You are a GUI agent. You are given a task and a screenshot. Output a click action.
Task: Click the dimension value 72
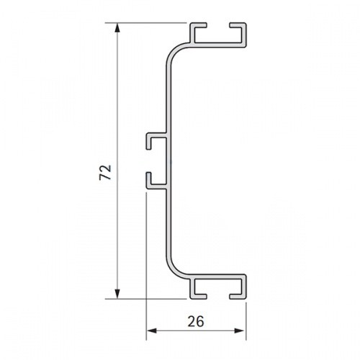(x=106, y=172)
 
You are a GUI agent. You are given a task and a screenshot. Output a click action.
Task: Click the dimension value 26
(x=196, y=322)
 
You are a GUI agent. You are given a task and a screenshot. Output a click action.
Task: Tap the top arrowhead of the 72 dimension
(x=117, y=27)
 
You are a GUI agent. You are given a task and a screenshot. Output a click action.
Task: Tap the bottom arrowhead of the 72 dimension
(x=117, y=294)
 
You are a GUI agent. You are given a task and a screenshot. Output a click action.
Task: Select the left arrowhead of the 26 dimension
(x=151, y=330)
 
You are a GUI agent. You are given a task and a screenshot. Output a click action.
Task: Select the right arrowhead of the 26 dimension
(x=240, y=330)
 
